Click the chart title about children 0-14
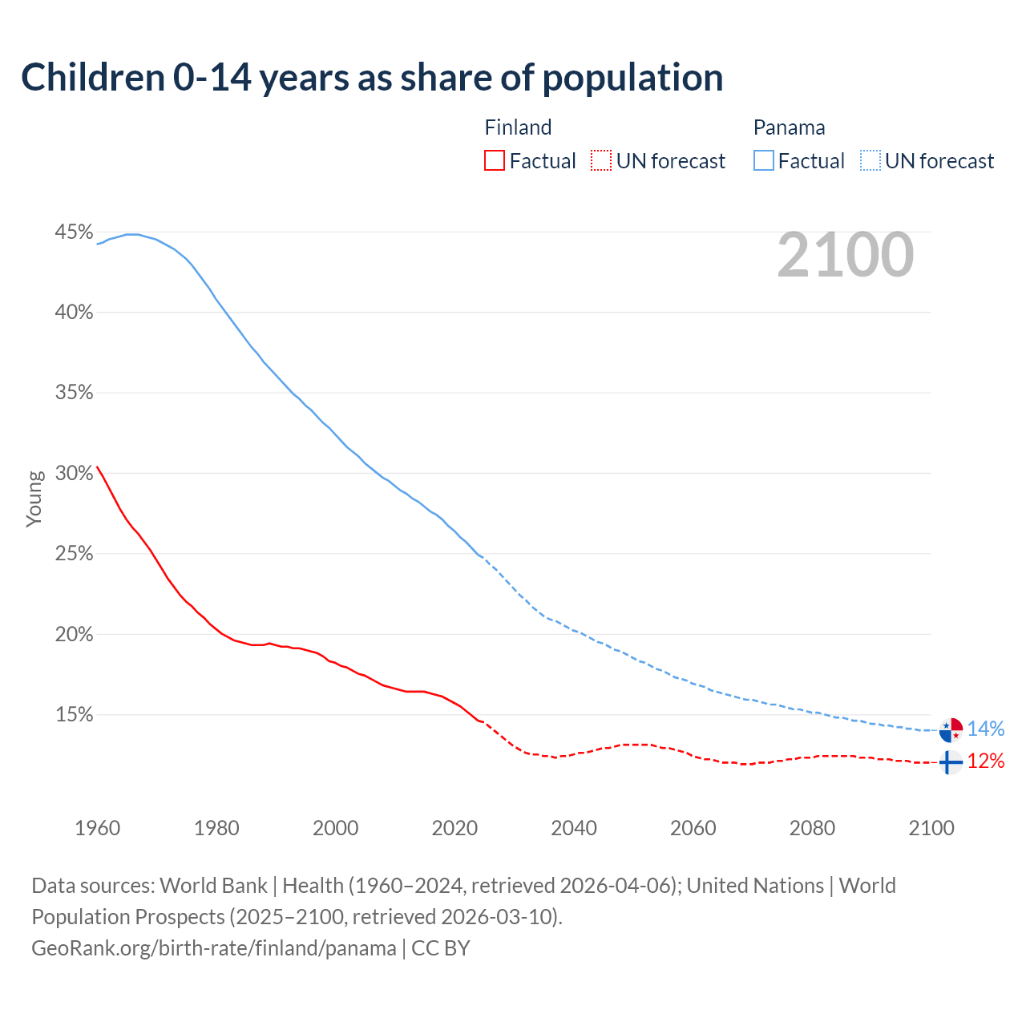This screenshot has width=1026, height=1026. pyautogui.click(x=372, y=78)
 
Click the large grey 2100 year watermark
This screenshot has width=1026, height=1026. pyautogui.click(x=845, y=255)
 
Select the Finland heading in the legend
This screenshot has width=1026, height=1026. pyautogui.click(x=518, y=127)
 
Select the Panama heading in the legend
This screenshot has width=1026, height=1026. pyautogui.click(x=789, y=127)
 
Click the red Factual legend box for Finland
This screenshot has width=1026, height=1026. pyautogui.click(x=495, y=161)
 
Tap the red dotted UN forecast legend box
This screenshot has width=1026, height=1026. pyautogui.click(x=601, y=161)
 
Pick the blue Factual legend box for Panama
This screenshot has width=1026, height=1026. pyautogui.click(x=764, y=161)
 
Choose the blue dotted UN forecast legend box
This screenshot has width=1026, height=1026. pyautogui.click(x=870, y=161)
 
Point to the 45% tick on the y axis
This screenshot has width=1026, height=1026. pyautogui.click(x=74, y=232)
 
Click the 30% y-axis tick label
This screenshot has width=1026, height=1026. pyautogui.click(x=74, y=474)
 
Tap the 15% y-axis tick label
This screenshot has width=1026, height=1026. pyautogui.click(x=74, y=715)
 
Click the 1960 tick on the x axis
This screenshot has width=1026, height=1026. pyautogui.click(x=97, y=828)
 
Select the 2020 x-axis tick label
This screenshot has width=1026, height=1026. pyautogui.click(x=454, y=828)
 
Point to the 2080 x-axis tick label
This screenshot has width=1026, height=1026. pyautogui.click(x=812, y=828)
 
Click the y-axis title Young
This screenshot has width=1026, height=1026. pyautogui.click(x=34, y=499)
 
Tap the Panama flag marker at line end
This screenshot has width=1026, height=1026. pyautogui.click(x=951, y=730)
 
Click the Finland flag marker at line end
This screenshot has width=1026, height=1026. pyautogui.click(x=950, y=762)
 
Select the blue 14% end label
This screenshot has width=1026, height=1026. pyautogui.click(x=985, y=729)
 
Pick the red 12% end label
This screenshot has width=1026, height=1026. pyautogui.click(x=985, y=761)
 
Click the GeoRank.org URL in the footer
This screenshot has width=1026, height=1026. pyautogui.click(x=213, y=948)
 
